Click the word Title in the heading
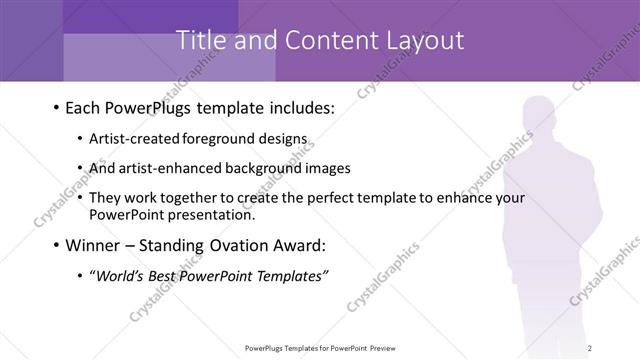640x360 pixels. click(199, 41)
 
